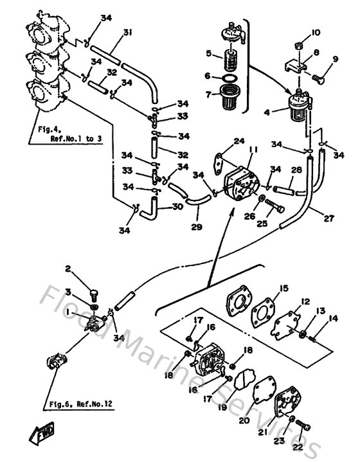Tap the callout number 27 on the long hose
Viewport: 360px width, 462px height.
(328, 219)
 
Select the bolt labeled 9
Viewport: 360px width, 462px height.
(318, 80)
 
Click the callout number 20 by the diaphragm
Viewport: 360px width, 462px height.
(244, 421)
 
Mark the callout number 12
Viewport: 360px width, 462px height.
(306, 301)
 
